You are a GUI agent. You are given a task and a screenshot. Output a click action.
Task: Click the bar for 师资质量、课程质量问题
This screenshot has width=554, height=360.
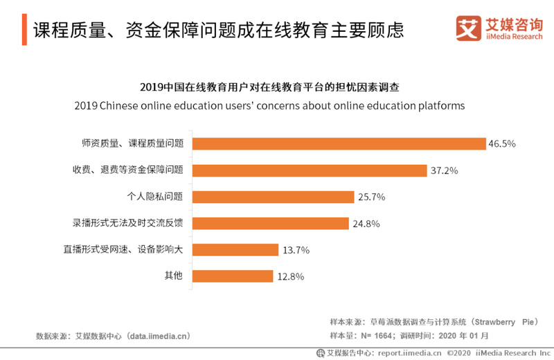[339, 143]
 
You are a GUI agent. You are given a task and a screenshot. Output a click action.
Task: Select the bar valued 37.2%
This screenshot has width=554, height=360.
[309, 170]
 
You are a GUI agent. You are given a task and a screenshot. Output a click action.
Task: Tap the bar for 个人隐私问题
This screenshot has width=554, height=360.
[273, 197]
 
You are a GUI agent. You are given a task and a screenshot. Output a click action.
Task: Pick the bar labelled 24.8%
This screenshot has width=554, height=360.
[270, 223]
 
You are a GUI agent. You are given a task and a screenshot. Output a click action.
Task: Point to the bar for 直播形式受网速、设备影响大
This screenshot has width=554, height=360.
[235, 249]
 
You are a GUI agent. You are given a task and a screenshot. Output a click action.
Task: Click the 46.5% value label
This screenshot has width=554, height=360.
[503, 144]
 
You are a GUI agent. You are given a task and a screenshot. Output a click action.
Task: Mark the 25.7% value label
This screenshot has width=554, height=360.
[371, 197]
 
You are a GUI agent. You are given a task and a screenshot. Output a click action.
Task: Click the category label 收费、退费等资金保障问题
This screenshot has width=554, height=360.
[128, 170]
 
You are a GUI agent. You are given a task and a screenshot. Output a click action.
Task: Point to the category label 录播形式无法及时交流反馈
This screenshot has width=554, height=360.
[128, 223]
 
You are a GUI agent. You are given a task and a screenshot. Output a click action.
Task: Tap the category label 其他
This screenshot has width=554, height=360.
[173, 276]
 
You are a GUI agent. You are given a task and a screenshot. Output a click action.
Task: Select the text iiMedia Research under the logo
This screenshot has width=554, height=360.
[514, 37]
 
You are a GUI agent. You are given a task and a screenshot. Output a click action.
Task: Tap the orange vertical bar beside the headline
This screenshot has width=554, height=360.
[24, 30]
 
